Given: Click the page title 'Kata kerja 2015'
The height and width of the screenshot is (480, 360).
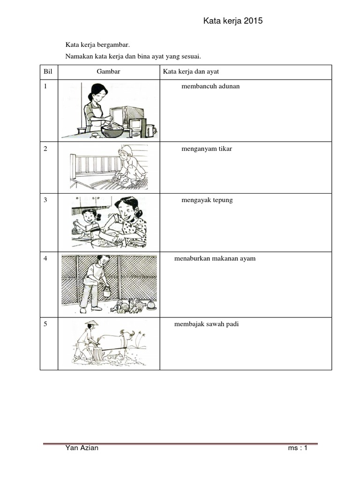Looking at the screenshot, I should pos(233,21).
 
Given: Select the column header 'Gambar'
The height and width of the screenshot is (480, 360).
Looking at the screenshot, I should pos(109,72).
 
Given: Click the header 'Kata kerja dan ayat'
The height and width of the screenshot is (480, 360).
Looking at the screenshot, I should pos(191,72).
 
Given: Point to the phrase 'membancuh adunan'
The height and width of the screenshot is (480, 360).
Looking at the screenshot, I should pos(210,86).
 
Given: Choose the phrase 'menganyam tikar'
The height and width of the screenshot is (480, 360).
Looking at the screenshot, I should pos(207,149).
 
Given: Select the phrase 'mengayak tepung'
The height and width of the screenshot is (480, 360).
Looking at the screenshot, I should pos(207,200).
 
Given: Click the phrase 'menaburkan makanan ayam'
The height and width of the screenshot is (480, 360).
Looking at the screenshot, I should pos(215,259).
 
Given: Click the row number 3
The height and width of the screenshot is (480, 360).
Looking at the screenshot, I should pos(45,200).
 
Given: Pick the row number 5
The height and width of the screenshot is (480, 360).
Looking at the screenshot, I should pos(45,324).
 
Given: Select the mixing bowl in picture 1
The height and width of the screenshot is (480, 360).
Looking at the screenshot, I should pos(112,129).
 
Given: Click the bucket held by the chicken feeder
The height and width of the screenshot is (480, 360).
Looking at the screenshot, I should pos(107,292).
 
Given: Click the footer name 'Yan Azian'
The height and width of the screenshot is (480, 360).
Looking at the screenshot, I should pos(82,448).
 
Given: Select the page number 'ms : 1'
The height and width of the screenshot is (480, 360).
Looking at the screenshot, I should pos(298,448).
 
